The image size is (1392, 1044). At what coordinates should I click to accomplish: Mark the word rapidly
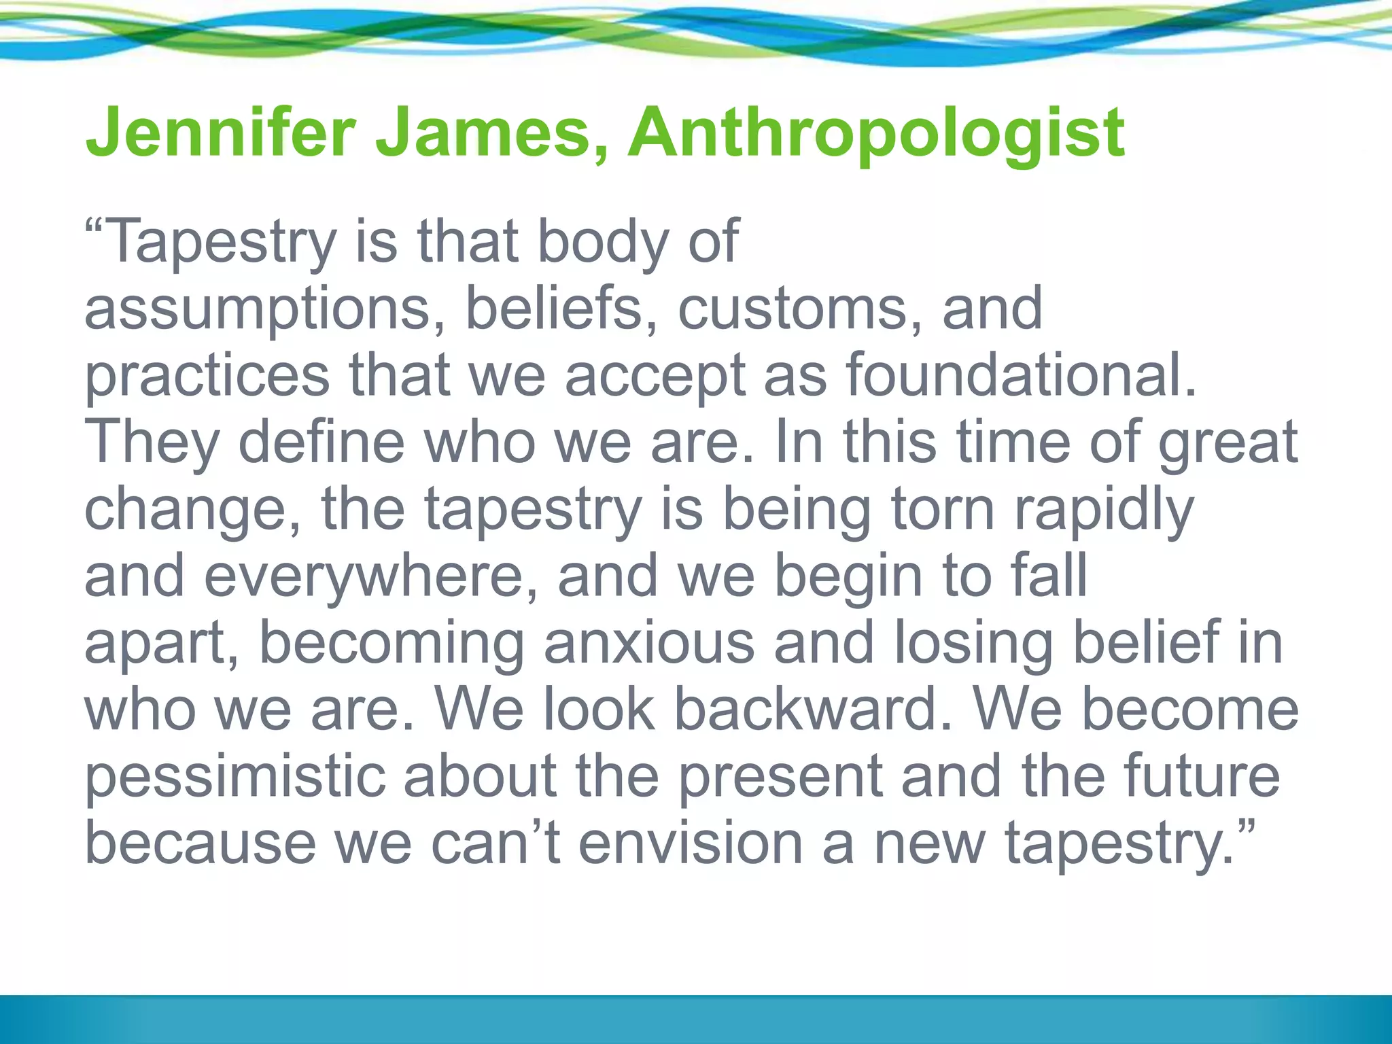tap(1104, 511)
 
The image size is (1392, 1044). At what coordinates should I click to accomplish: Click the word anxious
tap(648, 642)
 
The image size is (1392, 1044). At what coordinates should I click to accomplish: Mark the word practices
tap(207, 376)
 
